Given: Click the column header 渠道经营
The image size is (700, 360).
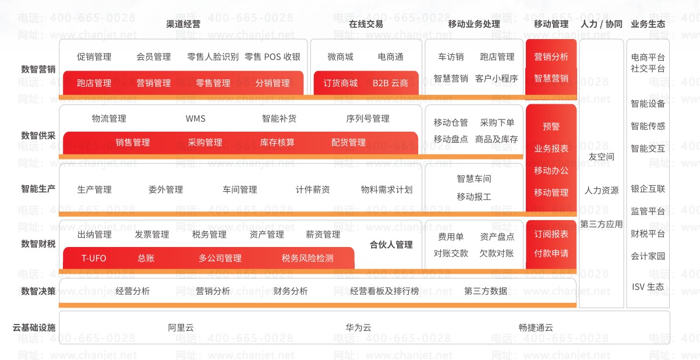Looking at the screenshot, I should click(183, 24).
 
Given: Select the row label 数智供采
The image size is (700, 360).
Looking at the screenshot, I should click(38, 135).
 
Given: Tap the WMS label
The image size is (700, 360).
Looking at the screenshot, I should click(196, 119).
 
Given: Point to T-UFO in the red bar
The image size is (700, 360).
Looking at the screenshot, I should click(94, 258).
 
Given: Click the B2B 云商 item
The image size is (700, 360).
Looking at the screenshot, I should click(390, 83).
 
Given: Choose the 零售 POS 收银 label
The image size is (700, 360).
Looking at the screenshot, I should click(273, 57).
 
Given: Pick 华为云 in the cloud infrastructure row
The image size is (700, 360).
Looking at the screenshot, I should click(358, 327).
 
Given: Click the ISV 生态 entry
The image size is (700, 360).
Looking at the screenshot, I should click(648, 287).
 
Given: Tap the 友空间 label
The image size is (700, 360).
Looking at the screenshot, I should click(602, 157).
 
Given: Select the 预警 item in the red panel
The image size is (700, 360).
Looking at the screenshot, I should click(551, 126).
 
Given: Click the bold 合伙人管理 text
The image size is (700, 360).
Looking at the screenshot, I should click(391, 245).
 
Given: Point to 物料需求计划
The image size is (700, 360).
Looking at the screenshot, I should click(387, 189).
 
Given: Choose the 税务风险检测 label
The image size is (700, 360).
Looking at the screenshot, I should click(307, 258).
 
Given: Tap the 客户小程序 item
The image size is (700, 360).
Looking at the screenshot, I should click(496, 78).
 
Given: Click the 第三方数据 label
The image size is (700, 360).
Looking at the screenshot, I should click(486, 291).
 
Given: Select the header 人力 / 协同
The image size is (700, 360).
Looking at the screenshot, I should click(602, 24).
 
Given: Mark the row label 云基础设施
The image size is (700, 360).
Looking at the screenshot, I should click(34, 327).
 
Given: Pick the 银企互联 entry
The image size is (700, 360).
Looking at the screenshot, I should click(648, 189).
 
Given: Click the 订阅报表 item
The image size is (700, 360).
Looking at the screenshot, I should click(551, 234).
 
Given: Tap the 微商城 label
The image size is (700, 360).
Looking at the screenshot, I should click(341, 57).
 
